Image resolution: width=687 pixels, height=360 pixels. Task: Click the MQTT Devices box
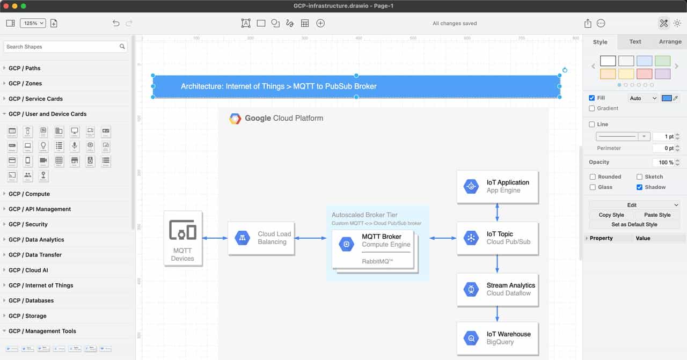(182, 238)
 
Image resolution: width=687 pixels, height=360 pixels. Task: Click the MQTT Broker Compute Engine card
(373, 248)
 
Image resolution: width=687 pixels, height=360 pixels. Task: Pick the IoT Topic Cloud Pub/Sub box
(497, 238)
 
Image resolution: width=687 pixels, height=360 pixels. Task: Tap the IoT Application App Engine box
(497, 186)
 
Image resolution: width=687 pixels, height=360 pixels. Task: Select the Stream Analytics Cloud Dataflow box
(497, 289)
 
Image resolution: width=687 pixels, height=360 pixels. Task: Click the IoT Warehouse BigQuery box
(497, 338)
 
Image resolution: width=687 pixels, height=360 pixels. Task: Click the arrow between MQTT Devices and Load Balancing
(215, 238)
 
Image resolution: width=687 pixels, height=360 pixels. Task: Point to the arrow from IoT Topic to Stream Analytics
(497, 263)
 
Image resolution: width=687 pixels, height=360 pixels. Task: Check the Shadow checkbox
(640, 187)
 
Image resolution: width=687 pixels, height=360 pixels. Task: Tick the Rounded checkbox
(593, 177)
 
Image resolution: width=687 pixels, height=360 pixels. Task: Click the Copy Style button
(611, 215)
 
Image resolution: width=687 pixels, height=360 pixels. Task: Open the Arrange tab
(670, 41)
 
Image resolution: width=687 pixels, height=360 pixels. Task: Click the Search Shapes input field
(62, 47)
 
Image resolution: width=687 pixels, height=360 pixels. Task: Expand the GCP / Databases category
(31, 300)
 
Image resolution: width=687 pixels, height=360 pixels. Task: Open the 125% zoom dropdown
(33, 23)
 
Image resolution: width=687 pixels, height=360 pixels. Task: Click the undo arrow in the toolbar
(116, 23)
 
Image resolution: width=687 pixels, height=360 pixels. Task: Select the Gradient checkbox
(592, 108)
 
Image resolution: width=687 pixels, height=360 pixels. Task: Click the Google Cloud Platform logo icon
(235, 119)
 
